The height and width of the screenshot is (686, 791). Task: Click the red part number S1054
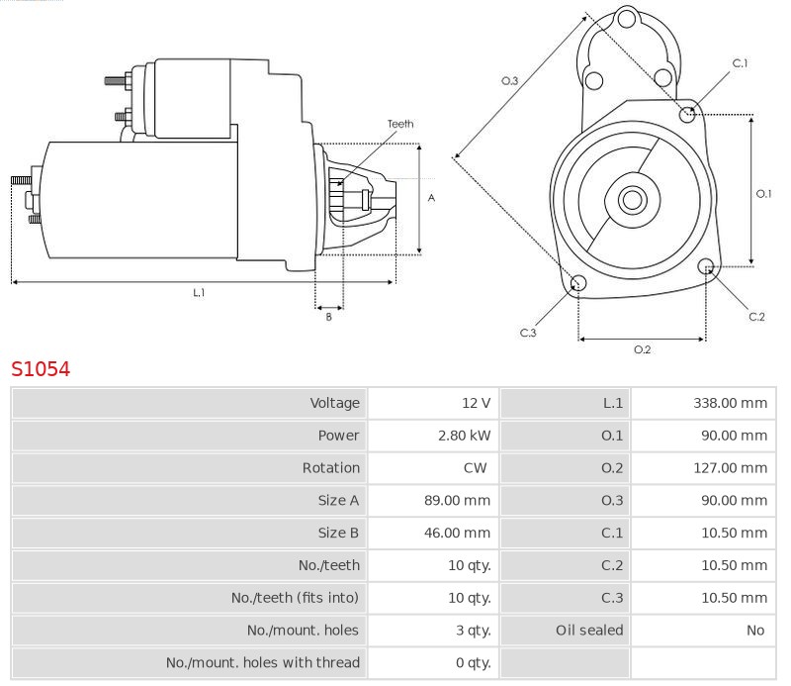click(x=41, y=369)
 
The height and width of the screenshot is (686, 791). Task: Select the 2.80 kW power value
click(x=465, y=436)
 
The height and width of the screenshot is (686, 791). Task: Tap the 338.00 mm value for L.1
click(x=730, y=403)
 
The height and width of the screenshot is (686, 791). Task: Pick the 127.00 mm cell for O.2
click(x=730, y=468)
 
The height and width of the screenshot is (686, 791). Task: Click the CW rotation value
click(x=475, y=468)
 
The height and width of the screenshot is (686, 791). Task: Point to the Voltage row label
click(x=335, y=403)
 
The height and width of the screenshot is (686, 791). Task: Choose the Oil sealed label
click(x=589, y=631)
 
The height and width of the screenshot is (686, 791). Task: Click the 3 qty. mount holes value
click(x=471, y=631)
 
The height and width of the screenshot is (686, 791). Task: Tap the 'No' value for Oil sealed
click(x=755, y=631)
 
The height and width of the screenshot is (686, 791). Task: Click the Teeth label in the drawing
click(x=400, y=124)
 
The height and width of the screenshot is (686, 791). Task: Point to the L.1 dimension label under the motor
click(x=199, y=293)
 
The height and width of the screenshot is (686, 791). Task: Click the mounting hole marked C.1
click(x=688, y=115)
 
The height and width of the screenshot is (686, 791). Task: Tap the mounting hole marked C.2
click(x=706, y=266)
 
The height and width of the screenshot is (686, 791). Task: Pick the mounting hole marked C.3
click(x=579, y=285)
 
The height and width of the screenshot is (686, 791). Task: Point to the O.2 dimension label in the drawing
click(x=642, y=349)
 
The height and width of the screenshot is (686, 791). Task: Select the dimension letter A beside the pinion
click(x=431, y=198)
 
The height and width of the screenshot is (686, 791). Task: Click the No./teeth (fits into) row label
click(x=295, y=598)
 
